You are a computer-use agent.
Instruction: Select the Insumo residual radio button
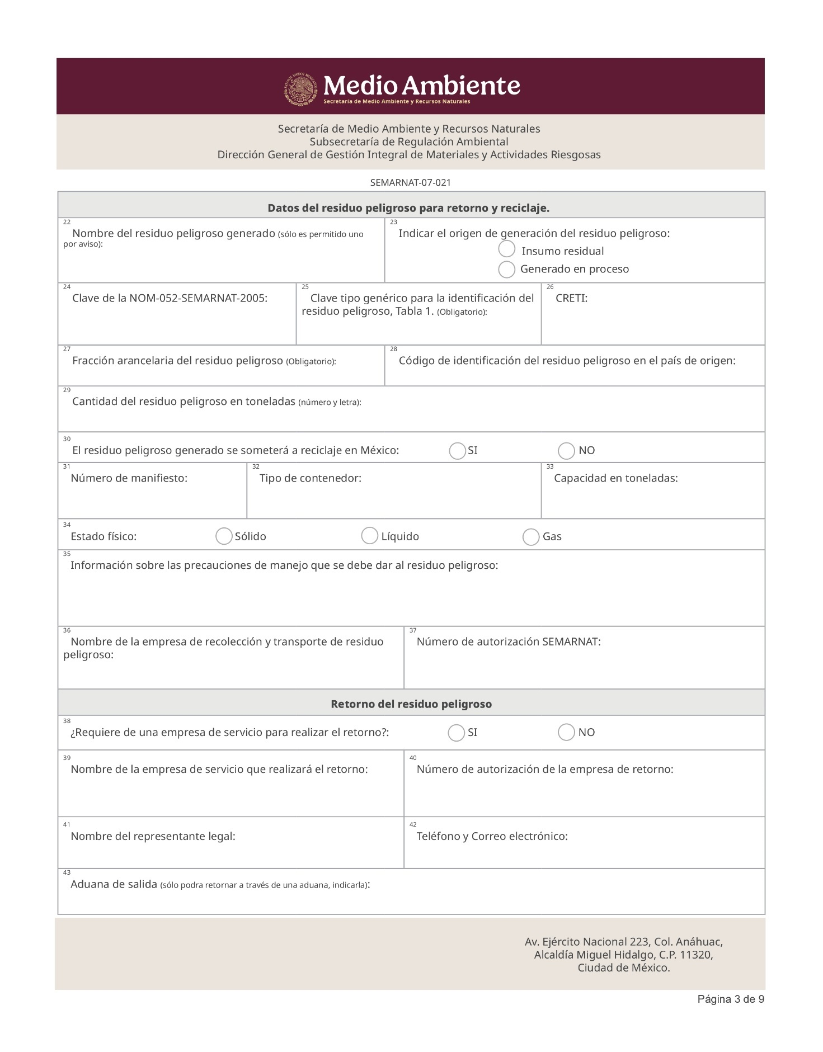506,249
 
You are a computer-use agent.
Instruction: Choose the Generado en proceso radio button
506,270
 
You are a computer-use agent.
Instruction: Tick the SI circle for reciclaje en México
457,451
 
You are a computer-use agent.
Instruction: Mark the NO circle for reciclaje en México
566,451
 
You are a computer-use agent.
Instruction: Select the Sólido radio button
224,536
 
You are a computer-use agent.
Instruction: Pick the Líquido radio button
369,536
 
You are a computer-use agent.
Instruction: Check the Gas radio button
530,537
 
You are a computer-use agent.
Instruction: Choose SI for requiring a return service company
456,733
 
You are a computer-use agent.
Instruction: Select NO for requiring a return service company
566,732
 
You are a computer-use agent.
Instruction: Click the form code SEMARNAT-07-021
411,183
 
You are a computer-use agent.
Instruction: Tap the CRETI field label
571,298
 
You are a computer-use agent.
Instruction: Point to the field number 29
67,390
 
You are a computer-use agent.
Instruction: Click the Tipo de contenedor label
311,478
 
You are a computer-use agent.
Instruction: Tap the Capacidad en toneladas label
615,478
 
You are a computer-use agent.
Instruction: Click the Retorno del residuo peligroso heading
411,704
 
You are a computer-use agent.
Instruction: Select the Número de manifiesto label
129,478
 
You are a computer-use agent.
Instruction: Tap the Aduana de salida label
114,885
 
